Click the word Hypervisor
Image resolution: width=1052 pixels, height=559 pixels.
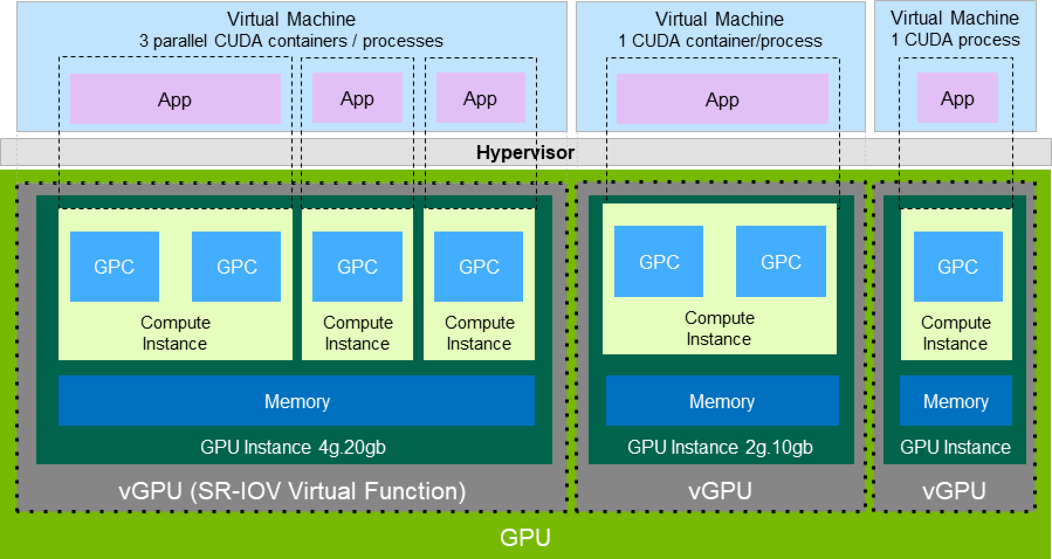tap(525, 153)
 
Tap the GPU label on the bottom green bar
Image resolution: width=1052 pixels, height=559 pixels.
tap(525, 537)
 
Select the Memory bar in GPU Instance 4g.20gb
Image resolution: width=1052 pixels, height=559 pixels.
tap(296, 401)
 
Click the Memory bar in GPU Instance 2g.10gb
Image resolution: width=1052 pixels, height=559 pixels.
tap(721, 401)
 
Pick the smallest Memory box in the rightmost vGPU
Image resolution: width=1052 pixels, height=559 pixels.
tap(955, 401)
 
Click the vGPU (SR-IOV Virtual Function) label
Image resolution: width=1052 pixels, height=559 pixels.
tap(291, 491)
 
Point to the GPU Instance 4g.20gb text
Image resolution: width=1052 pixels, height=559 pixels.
tap(293, 447)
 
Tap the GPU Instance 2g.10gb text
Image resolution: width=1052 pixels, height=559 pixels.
tap(720, 447)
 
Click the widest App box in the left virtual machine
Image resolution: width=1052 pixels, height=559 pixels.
tap(175, 99)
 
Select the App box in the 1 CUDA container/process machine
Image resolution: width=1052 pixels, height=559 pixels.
tap(722, 99)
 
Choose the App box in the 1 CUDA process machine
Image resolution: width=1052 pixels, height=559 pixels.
tap(957, 98)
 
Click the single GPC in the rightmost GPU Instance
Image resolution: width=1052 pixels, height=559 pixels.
tap(957, 267)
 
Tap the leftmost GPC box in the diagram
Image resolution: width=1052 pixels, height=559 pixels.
tap(114, 267)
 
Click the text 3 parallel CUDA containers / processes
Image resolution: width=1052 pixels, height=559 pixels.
tap(291, 41)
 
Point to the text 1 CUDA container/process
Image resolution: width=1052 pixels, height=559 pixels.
tap(720, 41)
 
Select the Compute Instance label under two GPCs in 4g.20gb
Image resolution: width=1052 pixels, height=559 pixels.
tap(175, 333)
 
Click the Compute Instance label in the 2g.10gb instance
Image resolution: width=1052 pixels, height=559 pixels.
tap(719, 328)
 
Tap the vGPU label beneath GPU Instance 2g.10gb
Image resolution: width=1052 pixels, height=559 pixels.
tap(720, 491)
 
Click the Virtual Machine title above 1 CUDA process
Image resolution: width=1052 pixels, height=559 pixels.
tap(954, 18)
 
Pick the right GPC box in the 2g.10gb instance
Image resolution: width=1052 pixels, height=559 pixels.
tap(781, 261)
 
